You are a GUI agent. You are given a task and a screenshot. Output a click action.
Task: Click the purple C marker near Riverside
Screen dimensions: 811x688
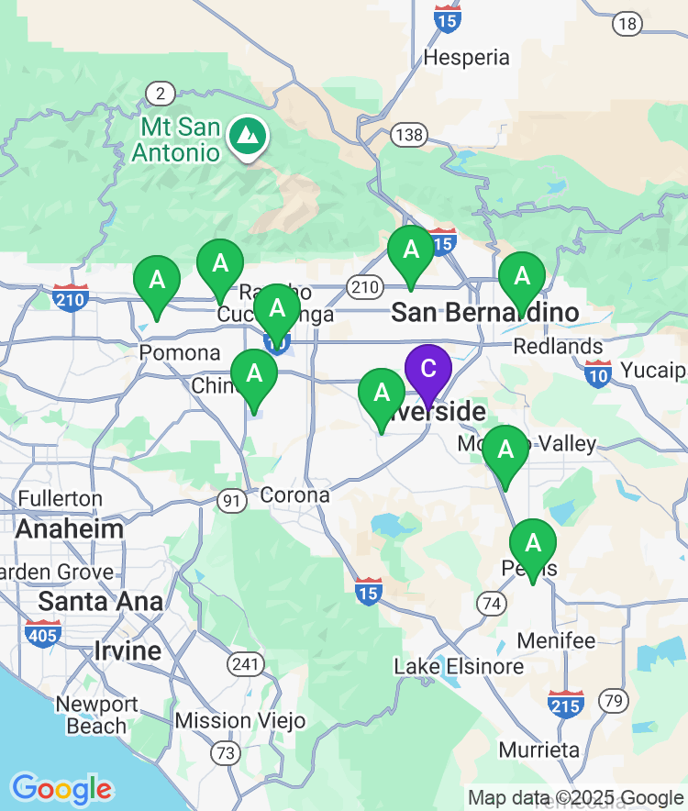click(427, 370)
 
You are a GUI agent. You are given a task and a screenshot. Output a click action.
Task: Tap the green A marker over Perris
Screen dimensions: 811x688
click(532, 544)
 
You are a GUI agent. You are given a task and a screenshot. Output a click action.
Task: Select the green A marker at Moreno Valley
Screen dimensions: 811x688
click(505, 450)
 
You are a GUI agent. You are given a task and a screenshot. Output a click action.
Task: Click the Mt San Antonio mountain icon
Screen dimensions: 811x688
click(247, 136)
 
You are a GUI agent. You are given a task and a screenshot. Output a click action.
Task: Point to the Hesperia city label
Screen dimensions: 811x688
click(466, 58)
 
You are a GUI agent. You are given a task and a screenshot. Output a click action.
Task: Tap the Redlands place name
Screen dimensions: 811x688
click(558, 347)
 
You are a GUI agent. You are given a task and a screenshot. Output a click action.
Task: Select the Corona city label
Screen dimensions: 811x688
click(294, 495)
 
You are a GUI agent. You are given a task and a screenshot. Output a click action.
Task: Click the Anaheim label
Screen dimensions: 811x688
click(70, 529)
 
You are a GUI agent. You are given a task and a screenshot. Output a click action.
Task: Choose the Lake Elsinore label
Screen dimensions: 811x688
click(459, 666)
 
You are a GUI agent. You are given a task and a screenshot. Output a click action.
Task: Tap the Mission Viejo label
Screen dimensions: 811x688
click(240, 720)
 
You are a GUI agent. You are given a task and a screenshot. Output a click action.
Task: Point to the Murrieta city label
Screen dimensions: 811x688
click(539, 750)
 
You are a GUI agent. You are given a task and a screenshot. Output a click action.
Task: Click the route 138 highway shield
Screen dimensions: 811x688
click(408, 136)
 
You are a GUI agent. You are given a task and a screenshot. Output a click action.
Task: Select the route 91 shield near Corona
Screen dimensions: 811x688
click(231, 500)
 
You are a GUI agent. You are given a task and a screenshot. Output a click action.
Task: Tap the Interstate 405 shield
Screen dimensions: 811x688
click(44, 632)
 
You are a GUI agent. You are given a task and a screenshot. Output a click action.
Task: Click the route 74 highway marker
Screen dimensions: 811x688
click(491, 603)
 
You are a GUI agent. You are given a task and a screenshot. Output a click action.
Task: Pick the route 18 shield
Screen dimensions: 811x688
click(627, 24)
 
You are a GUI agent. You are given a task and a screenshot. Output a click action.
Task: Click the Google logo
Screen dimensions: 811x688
click(61, 789)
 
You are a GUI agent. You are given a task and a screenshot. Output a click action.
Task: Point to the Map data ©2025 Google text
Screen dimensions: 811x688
click(575, 797)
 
